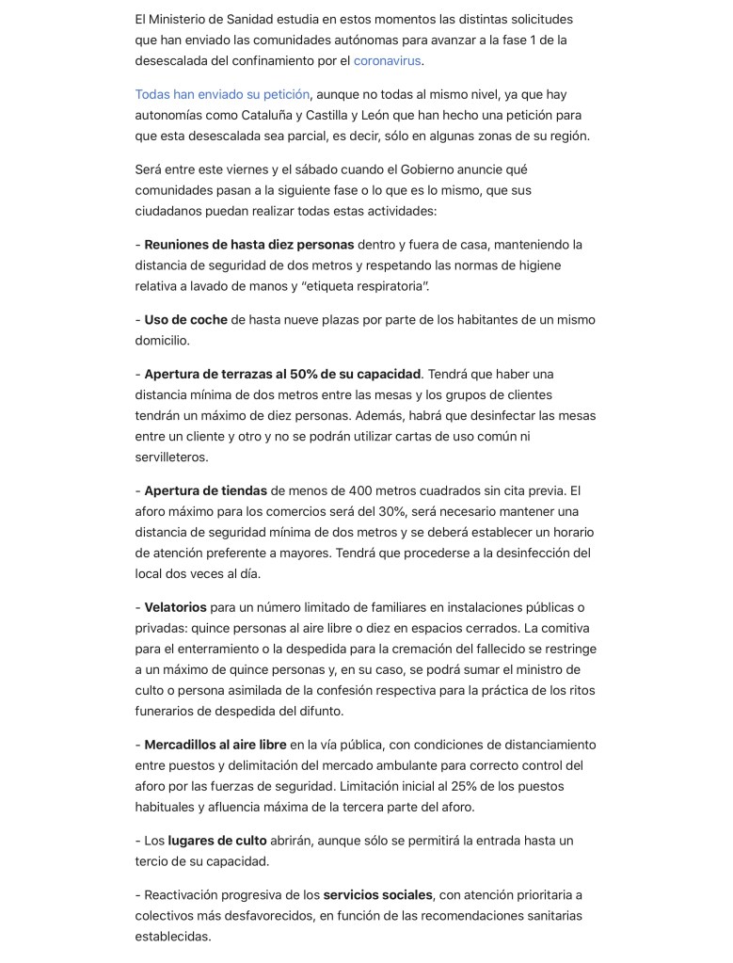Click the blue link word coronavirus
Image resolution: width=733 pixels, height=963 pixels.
(x=387, y=61)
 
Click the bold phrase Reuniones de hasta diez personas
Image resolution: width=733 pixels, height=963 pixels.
(x=248, y=245)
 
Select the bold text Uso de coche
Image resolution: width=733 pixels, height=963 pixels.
(x=185, y=320)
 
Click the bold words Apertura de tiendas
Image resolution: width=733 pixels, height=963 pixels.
(x=205, y=490)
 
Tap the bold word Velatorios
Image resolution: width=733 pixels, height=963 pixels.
(x=175, y=607)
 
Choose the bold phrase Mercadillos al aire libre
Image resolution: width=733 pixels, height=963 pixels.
(x=215, y=745)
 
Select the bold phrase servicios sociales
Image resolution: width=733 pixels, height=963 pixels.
(x=377, y=894)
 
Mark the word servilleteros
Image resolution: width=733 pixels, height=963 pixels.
(x=171, y=457)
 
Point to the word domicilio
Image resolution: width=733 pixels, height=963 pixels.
(x=161, y=341)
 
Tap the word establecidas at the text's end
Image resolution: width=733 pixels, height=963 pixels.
(x=172, y=937)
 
